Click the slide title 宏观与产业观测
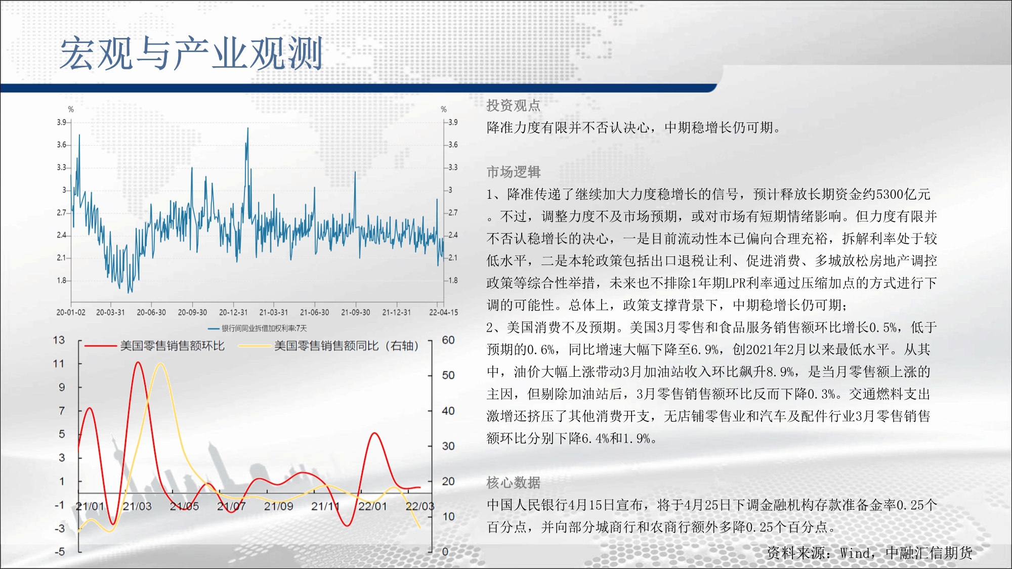click(191, 53)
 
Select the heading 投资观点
click(513, 105)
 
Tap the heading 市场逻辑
click(513, 172)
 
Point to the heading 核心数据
click(513, 483)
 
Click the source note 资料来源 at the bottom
click(869, 553)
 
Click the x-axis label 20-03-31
click(110, 313)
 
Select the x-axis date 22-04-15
click(443, 313)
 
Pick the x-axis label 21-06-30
click(314, 313)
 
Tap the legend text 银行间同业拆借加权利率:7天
click(264, 328)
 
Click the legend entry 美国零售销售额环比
click(172, 346)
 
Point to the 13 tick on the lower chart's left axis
click(59, 340)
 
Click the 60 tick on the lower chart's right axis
click(448, 340)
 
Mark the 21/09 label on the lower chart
click(278, 506)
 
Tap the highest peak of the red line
click(138, 362)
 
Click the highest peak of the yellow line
click(160, 364)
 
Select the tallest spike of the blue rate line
click(247, 128)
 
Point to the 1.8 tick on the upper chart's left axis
click(61, 280)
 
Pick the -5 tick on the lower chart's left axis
click(60, 551)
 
